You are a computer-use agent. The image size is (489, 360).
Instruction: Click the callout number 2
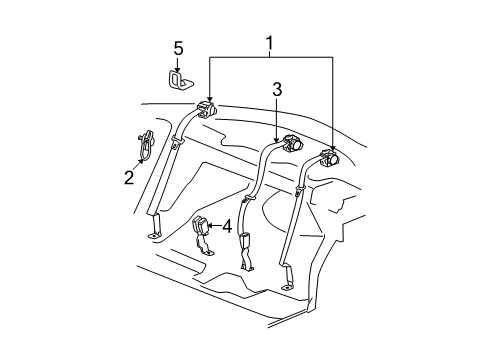(x=129, y=177)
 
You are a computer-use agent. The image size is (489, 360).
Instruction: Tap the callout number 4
(x=227, y=226)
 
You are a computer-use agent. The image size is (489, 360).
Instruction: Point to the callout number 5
(x=179, y=47)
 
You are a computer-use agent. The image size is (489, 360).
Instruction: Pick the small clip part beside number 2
(x=142, y=146)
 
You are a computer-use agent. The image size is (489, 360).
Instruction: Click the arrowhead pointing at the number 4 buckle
(x=210, y=227)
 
